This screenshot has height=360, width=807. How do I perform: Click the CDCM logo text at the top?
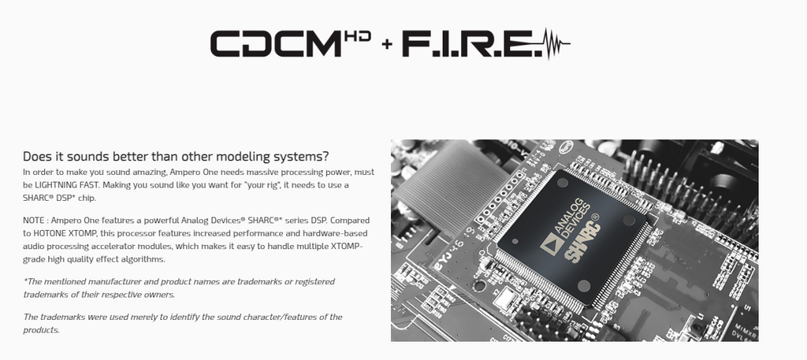click(276, 43)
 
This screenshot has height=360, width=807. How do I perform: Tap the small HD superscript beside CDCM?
click(358, 36)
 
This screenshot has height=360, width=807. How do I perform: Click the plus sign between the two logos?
click(387, 44)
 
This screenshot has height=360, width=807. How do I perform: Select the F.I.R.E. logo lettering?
click(472, 43)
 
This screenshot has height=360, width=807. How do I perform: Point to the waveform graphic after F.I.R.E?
click(556, 43)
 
